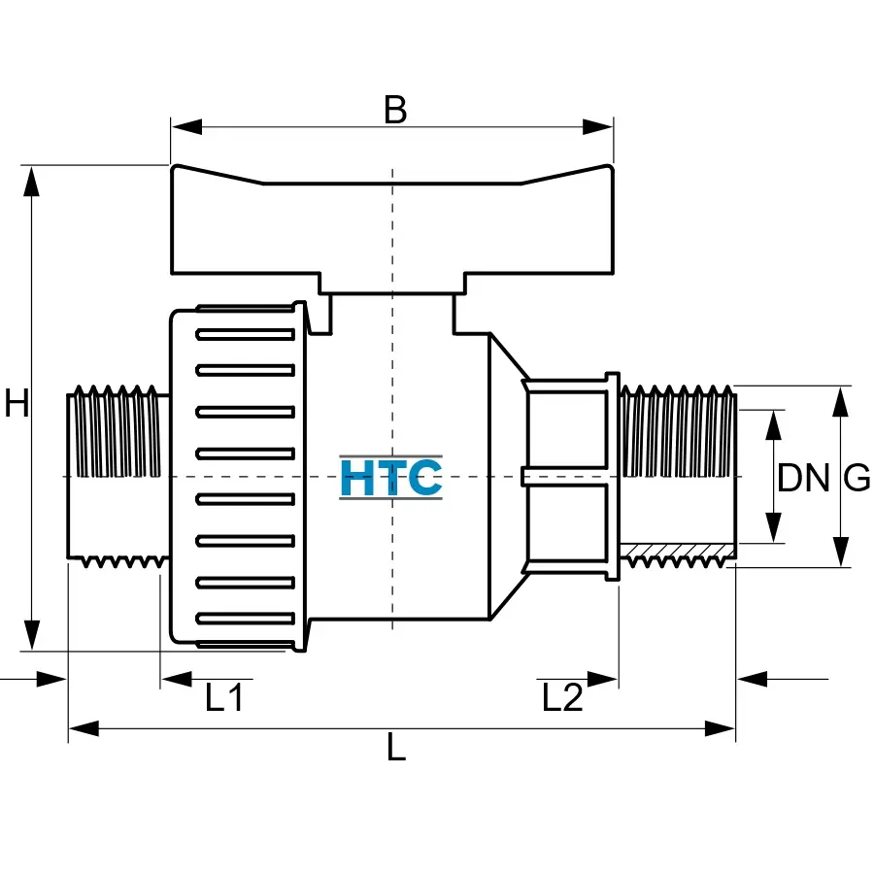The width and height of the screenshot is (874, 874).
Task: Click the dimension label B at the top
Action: point(394,111)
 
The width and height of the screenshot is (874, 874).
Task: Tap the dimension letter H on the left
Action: point(17,402)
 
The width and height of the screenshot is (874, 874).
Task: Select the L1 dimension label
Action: point(223,697)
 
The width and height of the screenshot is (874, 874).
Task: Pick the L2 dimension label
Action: point(562,697)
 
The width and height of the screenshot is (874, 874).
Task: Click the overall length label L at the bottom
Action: point(396,748)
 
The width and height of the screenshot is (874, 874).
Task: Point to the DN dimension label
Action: point(804,478)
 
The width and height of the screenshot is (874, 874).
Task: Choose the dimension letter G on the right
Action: point(856,478)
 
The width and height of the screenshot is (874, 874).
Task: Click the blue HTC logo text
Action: point(391,477)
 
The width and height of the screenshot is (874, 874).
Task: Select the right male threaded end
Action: point(678,476)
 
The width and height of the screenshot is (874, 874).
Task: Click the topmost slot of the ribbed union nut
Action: point(245,335)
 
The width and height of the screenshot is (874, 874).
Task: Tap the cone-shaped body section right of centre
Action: point(505,476)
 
